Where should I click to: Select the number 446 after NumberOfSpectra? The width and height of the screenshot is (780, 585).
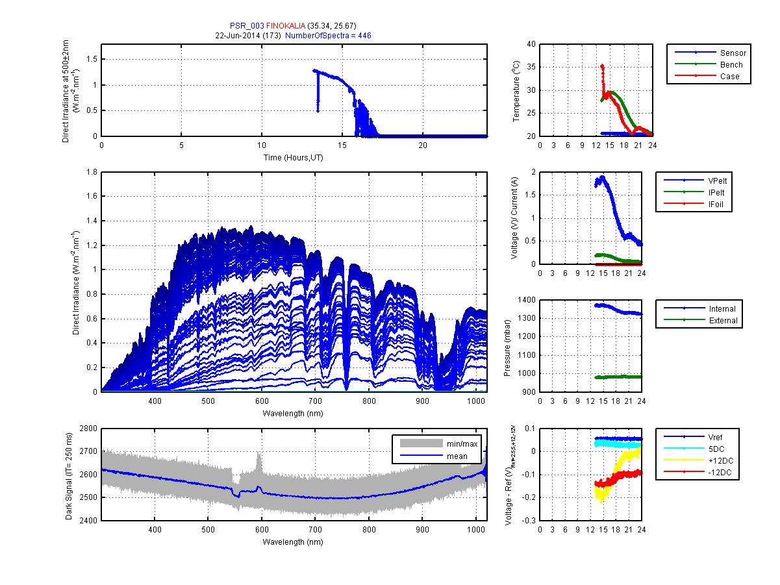coord(364,36)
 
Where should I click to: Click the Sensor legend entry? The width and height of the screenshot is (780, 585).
coord(733,53)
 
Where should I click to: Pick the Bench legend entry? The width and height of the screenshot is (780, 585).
coord(731,64)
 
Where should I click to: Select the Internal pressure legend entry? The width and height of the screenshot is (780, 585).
coord(722,309)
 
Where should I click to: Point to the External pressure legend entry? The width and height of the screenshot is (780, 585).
coord(723,321)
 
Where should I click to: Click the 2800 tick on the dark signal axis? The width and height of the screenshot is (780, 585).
coord(88,429)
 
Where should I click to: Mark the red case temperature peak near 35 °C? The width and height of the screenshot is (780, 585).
coord(602,66)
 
